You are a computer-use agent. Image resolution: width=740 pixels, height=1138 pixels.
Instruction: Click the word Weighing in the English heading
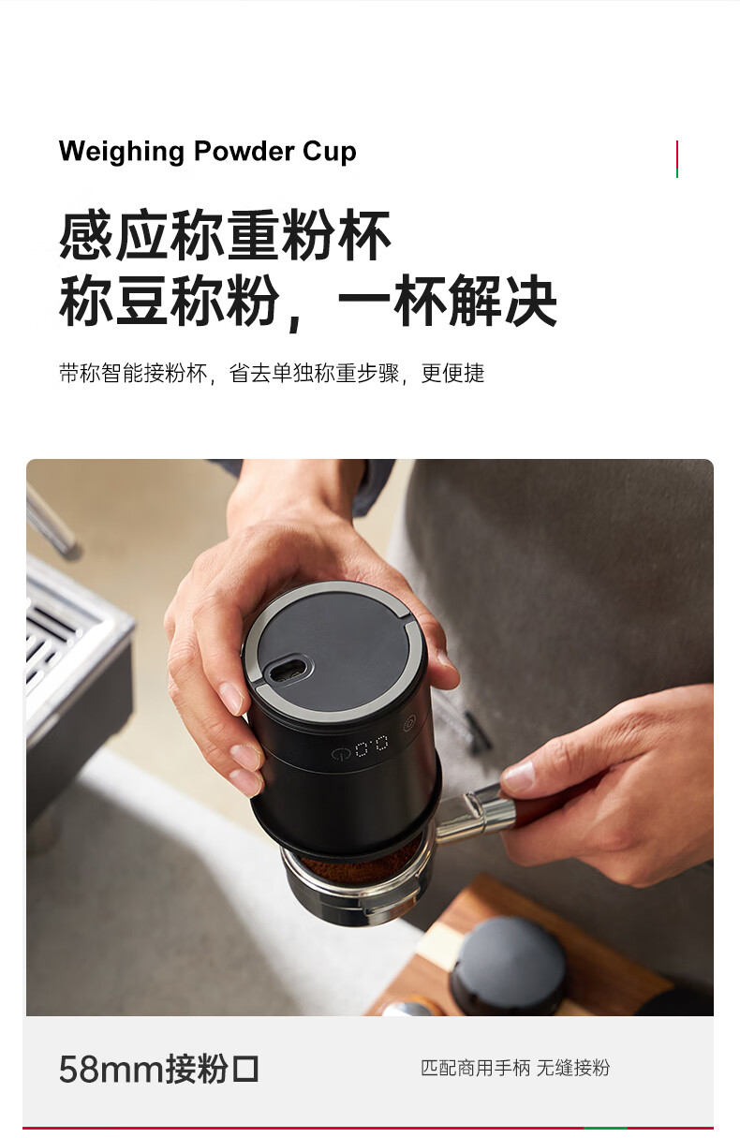121,152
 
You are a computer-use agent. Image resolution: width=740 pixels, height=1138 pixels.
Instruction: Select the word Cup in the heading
330,152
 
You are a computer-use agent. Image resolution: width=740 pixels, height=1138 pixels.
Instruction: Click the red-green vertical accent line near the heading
677,159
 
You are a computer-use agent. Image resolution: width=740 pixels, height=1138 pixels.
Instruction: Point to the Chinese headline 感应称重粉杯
225,235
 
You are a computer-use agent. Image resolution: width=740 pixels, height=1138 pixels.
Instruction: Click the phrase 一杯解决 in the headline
447,301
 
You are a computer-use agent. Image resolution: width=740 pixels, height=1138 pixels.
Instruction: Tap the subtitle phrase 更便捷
452,373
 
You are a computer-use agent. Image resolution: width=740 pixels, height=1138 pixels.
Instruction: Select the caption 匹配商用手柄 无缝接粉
515,1068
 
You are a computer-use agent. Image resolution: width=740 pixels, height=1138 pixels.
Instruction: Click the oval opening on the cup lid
289,670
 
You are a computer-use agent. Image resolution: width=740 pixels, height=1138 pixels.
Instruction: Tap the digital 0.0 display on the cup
371,746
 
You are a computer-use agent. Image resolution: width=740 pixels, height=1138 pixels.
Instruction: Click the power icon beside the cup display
341,754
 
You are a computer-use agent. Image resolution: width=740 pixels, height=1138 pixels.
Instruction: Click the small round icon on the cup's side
409,722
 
